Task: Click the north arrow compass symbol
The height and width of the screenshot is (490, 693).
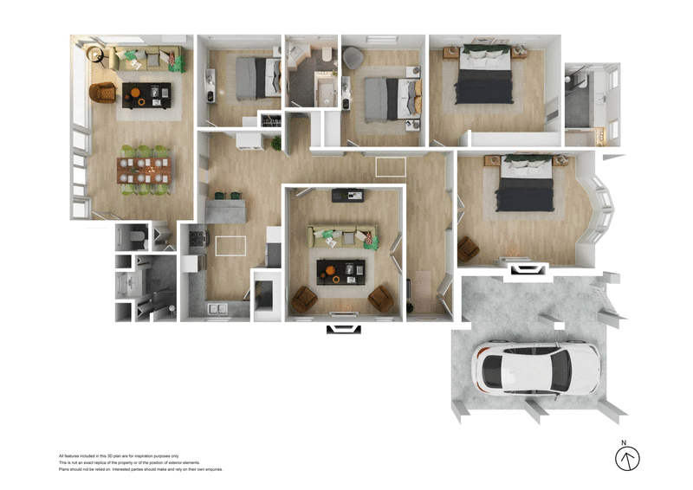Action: (626, 459)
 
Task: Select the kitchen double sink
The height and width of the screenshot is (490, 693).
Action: (216, 308)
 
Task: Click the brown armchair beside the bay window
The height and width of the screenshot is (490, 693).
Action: (468, 248)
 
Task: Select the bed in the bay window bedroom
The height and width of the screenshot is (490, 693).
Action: (523, 184)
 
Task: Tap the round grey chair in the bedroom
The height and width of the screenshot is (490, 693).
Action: (353, 57)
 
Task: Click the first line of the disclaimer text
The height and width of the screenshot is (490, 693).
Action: (119, 455)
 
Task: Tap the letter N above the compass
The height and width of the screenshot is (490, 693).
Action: (623, 442)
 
